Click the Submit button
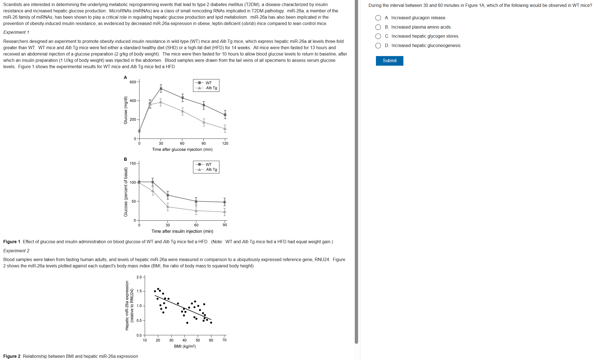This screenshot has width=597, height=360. point(389,61)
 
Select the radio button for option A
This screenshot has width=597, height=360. point(378,18)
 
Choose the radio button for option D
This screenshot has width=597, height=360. point(378,46)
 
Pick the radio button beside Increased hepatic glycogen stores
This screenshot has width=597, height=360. point(378,36)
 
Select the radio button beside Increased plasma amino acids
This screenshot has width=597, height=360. point(378,27)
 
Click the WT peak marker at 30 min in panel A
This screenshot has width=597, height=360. point(161,88)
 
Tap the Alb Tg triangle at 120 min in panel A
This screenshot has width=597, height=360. point(225,128)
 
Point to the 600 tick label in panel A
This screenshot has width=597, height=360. point(133,82)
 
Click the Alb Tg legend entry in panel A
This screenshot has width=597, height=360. point(211,88)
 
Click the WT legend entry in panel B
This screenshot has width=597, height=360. point(208,164)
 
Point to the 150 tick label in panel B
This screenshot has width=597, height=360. point(133,163)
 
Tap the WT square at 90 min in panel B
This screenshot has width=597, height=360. point(225,202)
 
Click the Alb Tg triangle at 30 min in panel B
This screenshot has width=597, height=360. point(168,207)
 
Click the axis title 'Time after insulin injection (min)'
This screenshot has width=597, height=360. point(182,231)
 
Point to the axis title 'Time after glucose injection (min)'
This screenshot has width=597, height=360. point(182,149)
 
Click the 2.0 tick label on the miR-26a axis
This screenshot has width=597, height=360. point(139,277)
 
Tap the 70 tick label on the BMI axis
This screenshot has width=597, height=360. point(224,340)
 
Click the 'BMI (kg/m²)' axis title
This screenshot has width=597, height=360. point(185,346)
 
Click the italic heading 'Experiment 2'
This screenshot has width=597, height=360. point(16,251)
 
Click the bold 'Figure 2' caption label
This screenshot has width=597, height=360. point(12,356)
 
